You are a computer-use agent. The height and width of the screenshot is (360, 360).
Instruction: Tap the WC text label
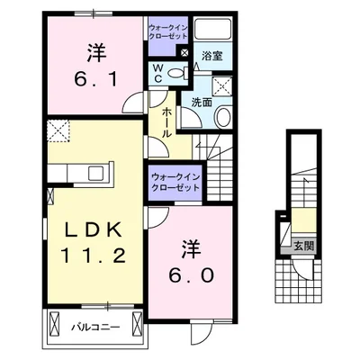pyautogui.click(x=157, y=72)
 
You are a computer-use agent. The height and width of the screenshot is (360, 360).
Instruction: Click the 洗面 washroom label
pyautogui.click(x=200, y=103)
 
